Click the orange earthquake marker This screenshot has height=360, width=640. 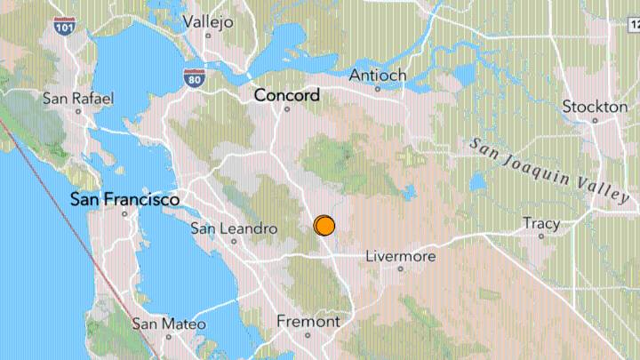(324, 226)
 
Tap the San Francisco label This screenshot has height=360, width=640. (125, 199)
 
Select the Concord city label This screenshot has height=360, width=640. (287, 94)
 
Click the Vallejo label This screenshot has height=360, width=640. (207, 20)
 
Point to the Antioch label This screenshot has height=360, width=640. (378, 74)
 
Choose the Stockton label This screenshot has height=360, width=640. (595, 107)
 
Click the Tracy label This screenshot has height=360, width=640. (540, 223)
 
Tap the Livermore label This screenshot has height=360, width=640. (401, 256)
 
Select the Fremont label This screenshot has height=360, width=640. (308, 321)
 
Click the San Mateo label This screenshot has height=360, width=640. (169, 324)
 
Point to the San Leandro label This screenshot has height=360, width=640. (234, 228)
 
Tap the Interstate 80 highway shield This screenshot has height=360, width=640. (194, 77)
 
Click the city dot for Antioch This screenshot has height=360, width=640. (378, 89)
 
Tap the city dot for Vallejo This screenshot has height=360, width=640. (208, 36)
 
